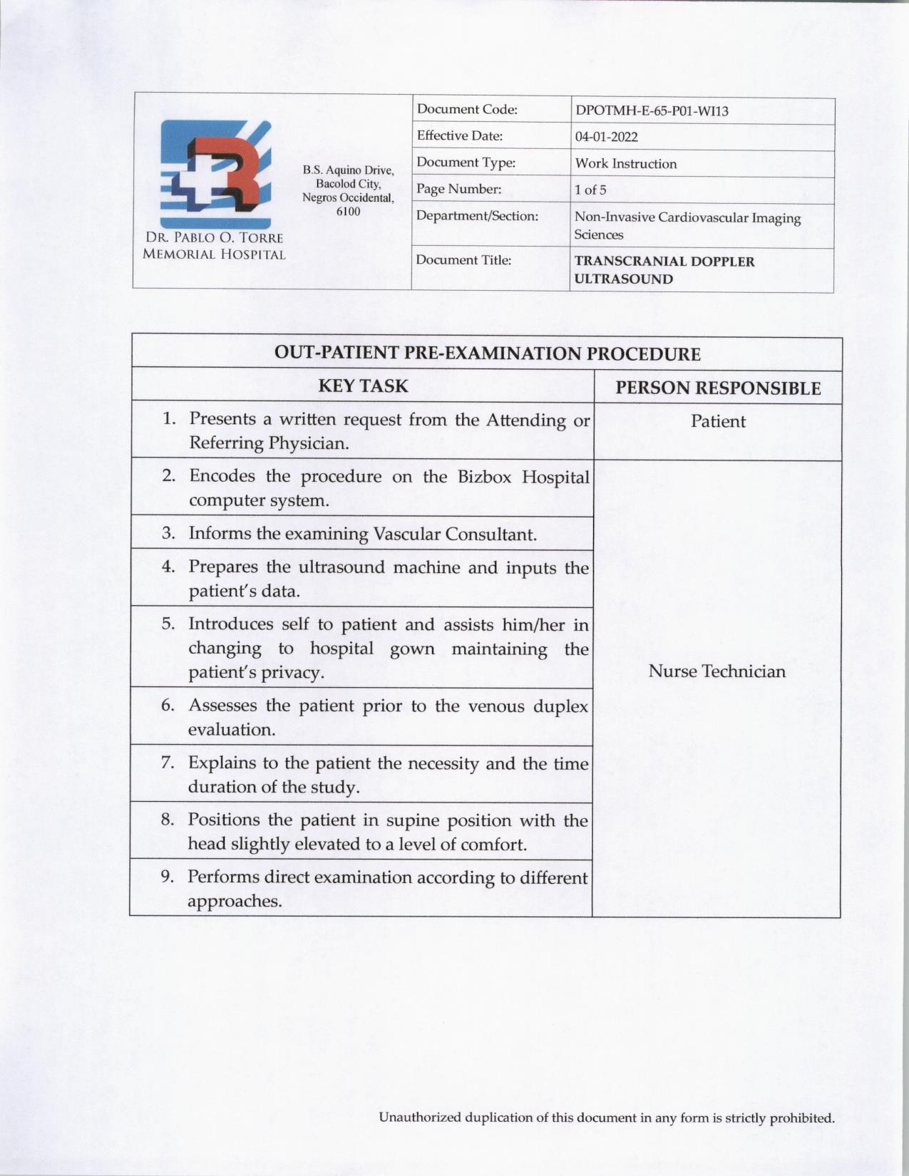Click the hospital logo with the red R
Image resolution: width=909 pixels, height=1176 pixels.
click(x=215, y=174)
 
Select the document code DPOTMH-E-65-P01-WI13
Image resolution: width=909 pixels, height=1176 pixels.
click(x=652, y=111)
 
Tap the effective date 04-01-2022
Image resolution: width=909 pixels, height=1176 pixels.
click(x=606, y=137)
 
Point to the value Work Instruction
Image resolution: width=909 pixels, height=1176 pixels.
click(x=625, y=164)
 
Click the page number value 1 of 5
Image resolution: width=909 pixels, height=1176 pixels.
click(x=590, y=190)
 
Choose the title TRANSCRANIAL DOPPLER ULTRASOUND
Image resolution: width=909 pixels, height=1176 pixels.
click(x=664, y=270)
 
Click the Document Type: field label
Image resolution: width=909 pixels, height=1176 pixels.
click(x=466, y=163)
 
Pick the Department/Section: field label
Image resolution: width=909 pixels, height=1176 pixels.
click(x=477, y=216)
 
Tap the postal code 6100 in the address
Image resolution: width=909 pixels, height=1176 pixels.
click(x=348, y=212)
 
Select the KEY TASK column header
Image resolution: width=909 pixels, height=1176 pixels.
click(x=363, y=386)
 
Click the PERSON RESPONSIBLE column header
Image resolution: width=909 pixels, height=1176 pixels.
click(x=718, y=388)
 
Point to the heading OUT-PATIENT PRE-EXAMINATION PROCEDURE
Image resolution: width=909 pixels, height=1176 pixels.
click(x=487, y=354)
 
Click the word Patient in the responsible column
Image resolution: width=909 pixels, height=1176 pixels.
click(x=718, y=421)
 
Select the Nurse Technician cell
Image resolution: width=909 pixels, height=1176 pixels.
click(x=717, y=671)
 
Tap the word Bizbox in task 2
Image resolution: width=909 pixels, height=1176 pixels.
click(x=484, y=477)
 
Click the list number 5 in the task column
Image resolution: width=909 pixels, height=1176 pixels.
click(x=168, y=624)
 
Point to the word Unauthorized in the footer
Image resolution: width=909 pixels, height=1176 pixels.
click(x=419, y=1118)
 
